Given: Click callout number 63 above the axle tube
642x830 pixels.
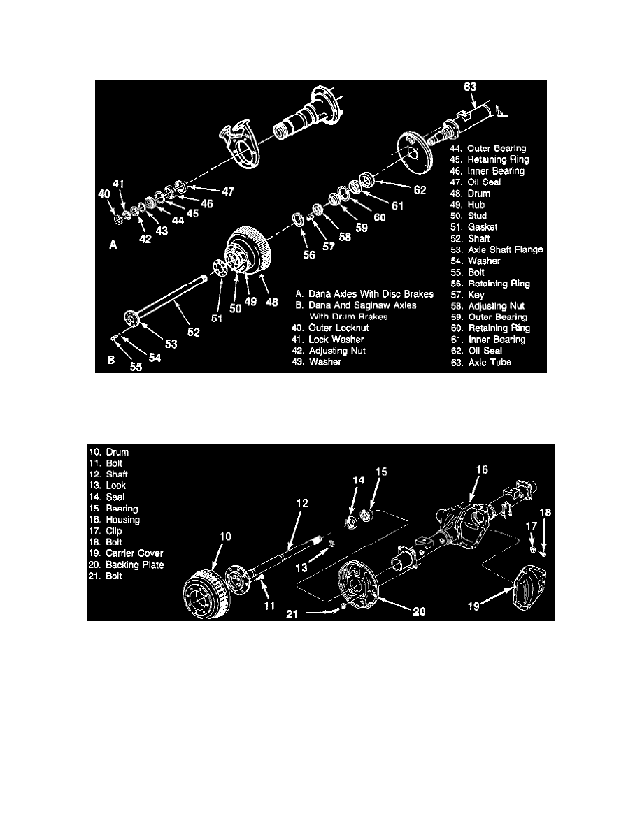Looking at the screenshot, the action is pos(470,87).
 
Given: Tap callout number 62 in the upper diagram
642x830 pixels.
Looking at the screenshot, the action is pos(420,190).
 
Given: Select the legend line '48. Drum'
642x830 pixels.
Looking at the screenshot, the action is pos(471,194).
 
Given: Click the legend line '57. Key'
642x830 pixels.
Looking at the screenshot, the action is pos(468,295).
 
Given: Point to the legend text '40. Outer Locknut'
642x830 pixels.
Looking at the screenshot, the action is pos(330,328).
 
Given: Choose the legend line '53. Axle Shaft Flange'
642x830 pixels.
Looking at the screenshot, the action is pos(497,250).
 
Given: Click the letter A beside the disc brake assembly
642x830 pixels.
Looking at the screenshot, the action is pos(113,245).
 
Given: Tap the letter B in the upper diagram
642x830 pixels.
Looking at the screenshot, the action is pos(111,360).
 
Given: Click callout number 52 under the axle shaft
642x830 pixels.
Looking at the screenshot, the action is pos(194,333).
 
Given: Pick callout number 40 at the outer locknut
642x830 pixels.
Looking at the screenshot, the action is pos(104,194).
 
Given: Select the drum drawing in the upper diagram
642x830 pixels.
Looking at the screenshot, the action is pos(249,254).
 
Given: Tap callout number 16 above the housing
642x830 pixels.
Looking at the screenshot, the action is pos(481,469).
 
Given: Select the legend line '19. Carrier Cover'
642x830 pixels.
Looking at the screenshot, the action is pos(126,553).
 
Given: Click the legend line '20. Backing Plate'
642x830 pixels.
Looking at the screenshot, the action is pos(126,565).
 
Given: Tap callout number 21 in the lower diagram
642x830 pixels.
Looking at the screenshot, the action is pos(292,614).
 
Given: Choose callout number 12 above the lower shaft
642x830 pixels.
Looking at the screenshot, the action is pos(302,504).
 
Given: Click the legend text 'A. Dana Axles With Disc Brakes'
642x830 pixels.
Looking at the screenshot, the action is pos(364,294).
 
